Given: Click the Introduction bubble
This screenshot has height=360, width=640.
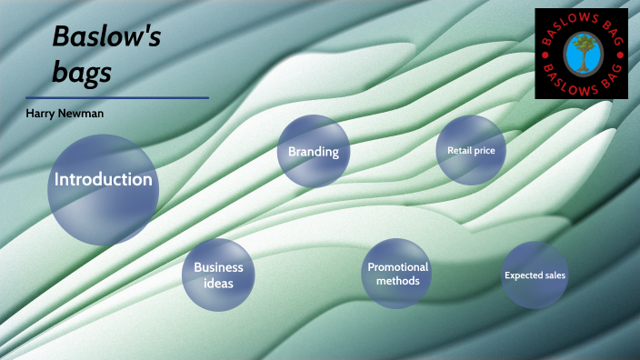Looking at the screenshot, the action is [x=103, y=189].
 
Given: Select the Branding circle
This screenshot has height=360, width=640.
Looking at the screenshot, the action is [x=313, y=152].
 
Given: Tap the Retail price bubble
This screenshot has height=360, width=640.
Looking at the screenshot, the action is [x=470, y=150].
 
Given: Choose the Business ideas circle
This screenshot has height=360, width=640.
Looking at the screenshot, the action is [x=218, y=275].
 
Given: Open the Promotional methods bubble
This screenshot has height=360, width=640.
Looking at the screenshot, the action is [x=397, y=274].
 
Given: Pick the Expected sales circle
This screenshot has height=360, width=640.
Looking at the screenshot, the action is [x=535, y=275].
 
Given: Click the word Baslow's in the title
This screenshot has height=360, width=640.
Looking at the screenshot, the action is [x=106, y=36].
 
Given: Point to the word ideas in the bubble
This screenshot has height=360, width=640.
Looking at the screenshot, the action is [x=218, y=283].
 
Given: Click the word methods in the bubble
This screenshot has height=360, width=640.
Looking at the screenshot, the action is [x=397, y=281].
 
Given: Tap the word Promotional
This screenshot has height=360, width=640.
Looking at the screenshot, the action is [x=397, y=267].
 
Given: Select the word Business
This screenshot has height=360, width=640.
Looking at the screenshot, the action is [x=218, y=267].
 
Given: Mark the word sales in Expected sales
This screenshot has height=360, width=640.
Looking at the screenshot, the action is [x=553, y=275].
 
